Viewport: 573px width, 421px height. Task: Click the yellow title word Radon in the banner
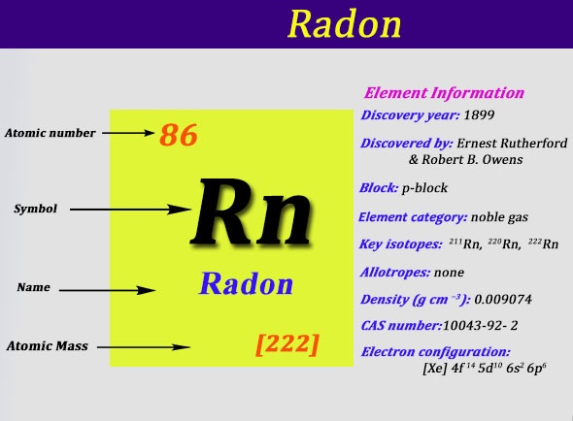coord(344,23)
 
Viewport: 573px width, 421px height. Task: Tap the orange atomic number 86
coord(179,135)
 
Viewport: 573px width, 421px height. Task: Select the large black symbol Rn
coord(252,211)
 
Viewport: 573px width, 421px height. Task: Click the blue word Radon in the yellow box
coord(246,283)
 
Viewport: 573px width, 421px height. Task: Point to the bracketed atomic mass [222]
coord(287,344)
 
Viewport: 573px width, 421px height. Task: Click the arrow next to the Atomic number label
coord(128,133)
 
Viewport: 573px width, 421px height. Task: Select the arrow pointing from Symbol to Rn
coord(130,210)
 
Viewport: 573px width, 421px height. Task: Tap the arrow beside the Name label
coord(108,290)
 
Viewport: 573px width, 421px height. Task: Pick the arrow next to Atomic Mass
coord(144,347)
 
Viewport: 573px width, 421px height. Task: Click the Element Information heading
coord(444,93)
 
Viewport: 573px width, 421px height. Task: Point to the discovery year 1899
coord(479,115)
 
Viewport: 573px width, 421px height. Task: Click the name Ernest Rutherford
coord(512,144)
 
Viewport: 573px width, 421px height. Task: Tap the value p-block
coord(424,188)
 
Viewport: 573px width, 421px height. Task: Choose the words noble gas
coord(499,217)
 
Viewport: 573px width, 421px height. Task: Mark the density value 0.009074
coord(503,300)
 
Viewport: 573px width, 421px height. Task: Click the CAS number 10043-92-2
coord(480,325)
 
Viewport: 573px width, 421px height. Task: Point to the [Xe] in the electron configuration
coord(434,368)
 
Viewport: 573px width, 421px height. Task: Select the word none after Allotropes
coord(449,273)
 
